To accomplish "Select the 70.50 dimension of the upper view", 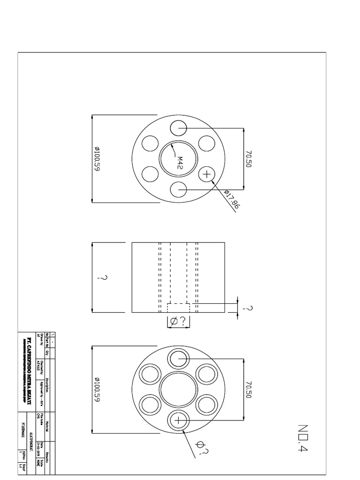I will [x=249, y=159].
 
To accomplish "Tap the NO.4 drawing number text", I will [x=302, y=438].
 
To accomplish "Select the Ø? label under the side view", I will [x=179, y=321].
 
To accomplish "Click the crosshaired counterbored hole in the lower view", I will [x=179, y=420].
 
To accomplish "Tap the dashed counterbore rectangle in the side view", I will [x=179, y=307].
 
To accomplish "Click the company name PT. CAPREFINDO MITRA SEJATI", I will [x=29, y=370].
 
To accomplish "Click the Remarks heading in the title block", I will [x=47, y=460].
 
